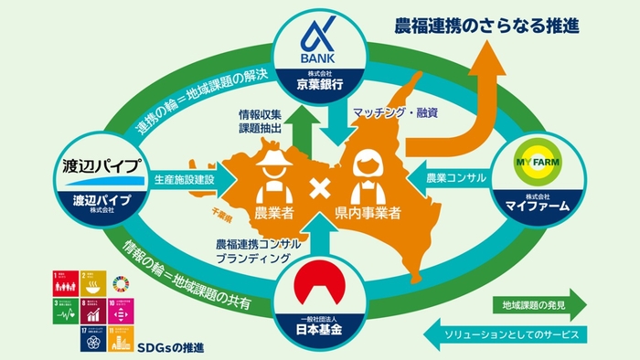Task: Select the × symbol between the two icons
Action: click(x=321, y=195)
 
